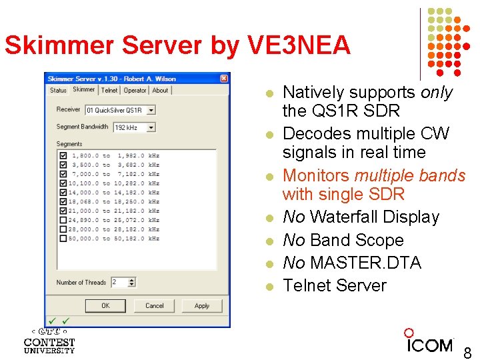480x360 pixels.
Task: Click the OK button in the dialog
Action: (x=105, y=305)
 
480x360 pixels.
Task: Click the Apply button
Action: (x=202, y=305)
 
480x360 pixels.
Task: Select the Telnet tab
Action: (x=109, y=90)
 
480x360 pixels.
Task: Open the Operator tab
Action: (x=135, y=90)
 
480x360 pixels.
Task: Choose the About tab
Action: (x=160, y=90)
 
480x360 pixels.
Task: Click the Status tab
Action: (x=58, y=90)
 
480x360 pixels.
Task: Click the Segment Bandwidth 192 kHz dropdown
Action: (x=134, y=127)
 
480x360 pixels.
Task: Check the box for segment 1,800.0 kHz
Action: (x=63, y=155)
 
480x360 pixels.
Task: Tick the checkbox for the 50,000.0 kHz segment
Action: (x=63, y=238)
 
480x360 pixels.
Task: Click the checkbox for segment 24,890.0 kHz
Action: (x=63, y=219)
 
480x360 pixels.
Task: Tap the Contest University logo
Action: (x=49, y=340)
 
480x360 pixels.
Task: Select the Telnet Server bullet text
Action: (x=334, y=285)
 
